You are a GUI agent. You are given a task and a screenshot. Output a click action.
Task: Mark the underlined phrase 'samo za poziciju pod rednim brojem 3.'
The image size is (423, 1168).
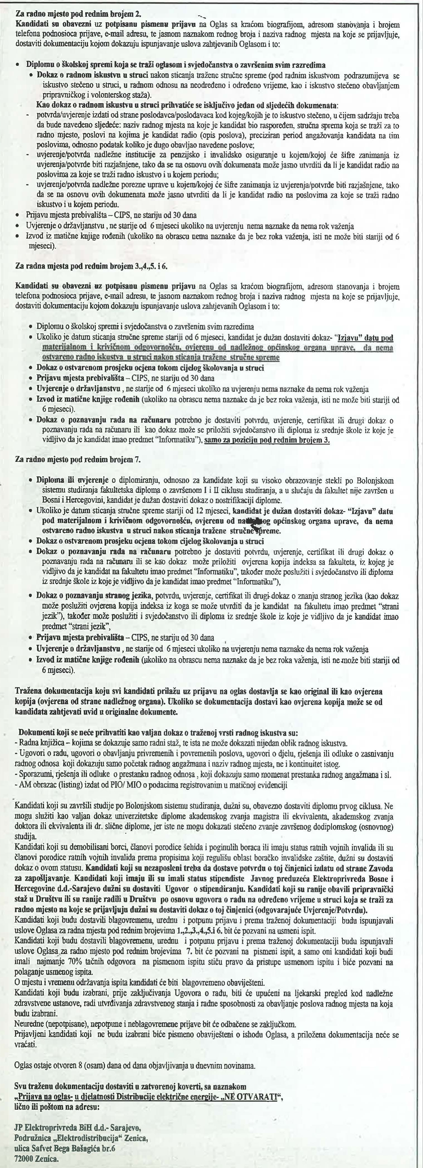click(267, 441)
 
